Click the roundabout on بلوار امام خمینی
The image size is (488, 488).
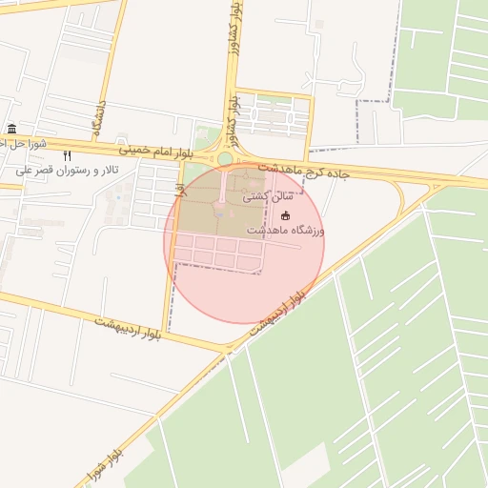point(226,158)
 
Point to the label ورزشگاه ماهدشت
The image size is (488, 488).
point(286,231)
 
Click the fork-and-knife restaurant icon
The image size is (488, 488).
point(67,155)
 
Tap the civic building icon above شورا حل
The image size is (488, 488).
point(11,130)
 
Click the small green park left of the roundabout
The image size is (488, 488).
point(205,138)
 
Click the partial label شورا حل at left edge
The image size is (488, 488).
point(17,144)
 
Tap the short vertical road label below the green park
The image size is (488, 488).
point(178,189)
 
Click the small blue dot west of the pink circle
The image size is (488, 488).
point(118,198)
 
